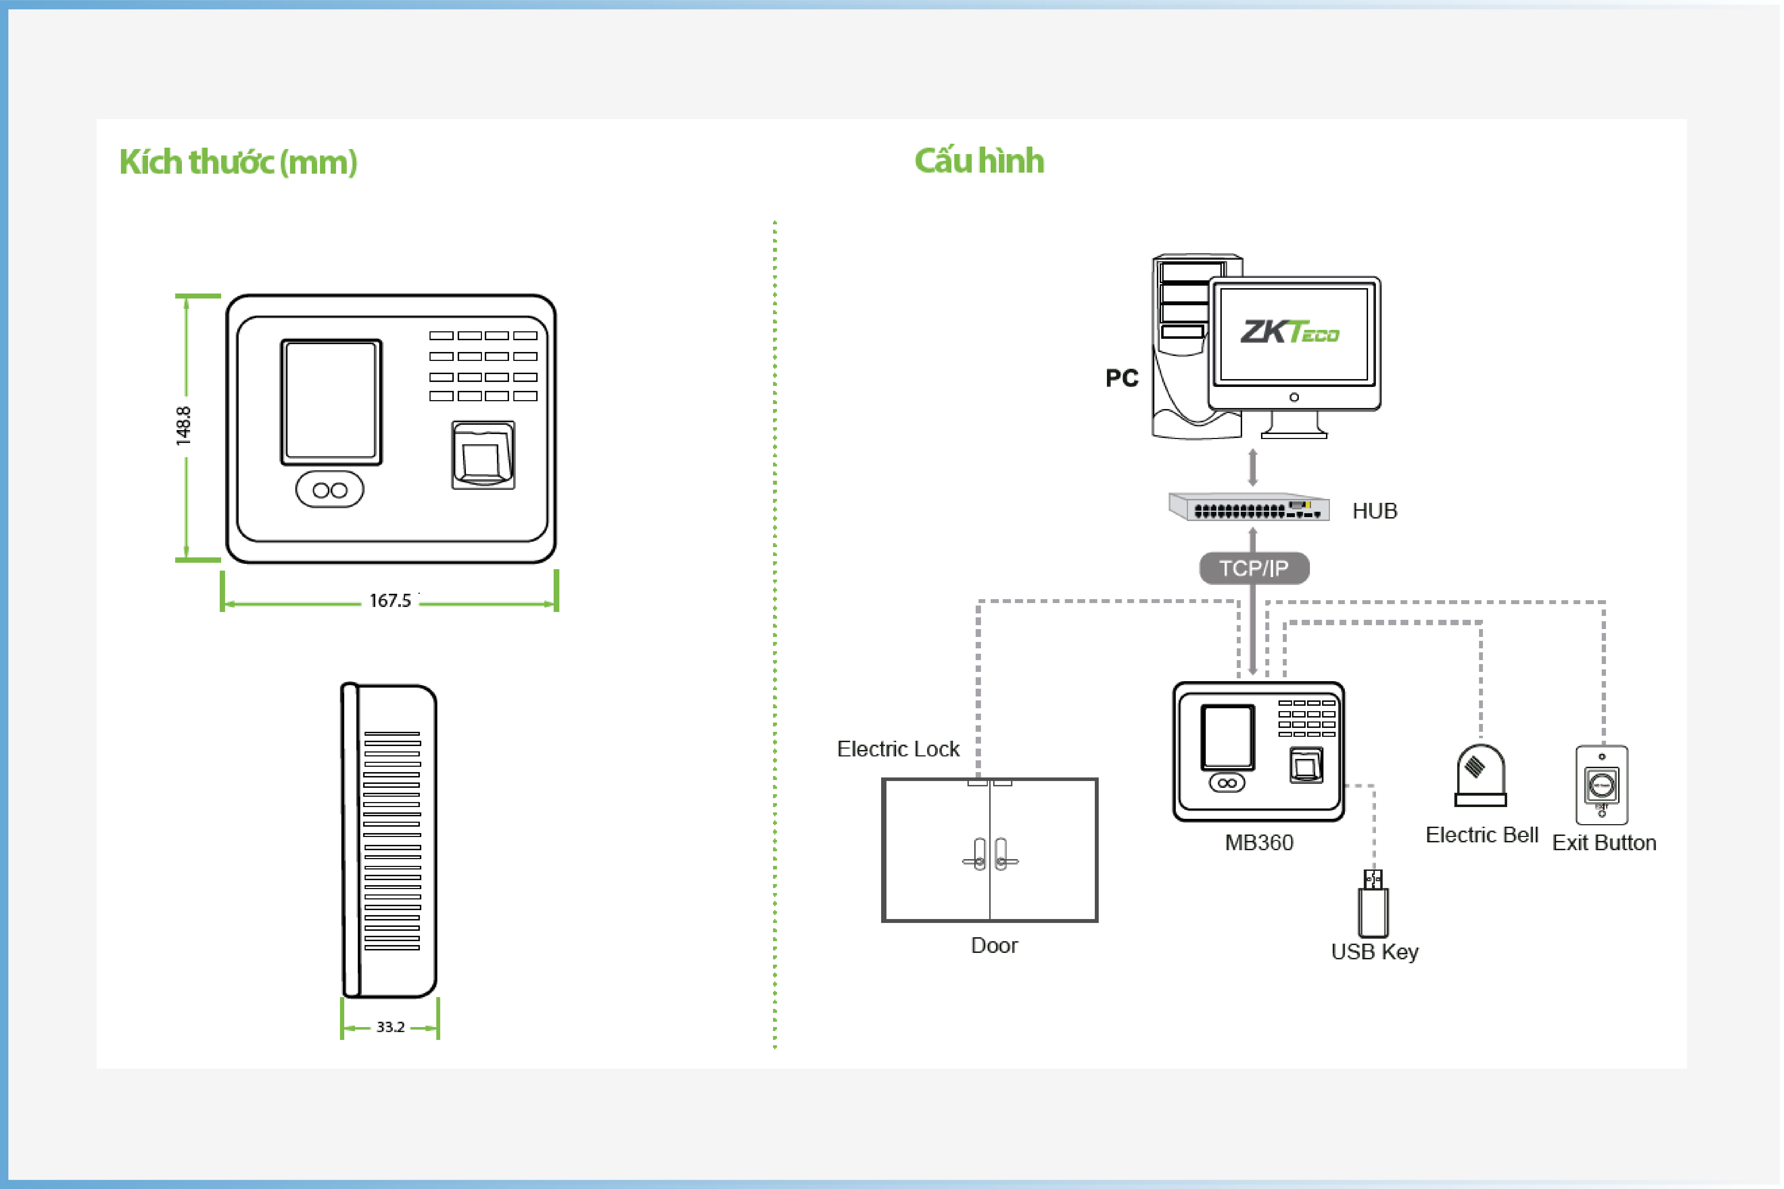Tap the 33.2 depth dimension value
(391, 1027)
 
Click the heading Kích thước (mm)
(238, 162)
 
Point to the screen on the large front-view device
(331, 401)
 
